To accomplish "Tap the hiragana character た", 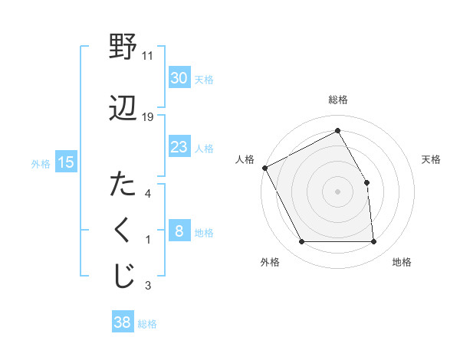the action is point(123,185).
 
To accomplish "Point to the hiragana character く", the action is point(123,231).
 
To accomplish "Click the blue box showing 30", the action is point(179,78).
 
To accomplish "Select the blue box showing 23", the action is point(179,147).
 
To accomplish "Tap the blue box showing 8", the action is point(179,232).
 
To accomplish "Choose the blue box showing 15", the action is point(66,162).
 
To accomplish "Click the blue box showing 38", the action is point(123,323).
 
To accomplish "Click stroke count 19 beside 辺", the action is point(148,117).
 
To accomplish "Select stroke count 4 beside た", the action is point(148,194).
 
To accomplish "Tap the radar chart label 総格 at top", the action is point(338,100).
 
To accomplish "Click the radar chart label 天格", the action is point(432,159).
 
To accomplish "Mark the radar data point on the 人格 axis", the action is point(264,167).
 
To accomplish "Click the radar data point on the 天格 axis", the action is point(366,182).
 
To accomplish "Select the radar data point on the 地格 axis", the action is point(373,242).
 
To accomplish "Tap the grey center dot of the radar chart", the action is point(338,191).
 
